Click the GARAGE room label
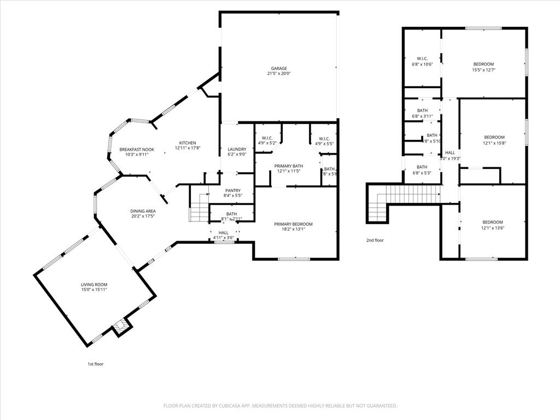pos(279,68)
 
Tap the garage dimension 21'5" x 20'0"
pos(279,74)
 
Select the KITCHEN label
pos(185,143)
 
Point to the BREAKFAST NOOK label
pos(137,149)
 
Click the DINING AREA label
pos(143,211)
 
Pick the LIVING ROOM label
pos(94,284)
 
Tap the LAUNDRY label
pos(237,149)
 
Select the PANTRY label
pos(233,190)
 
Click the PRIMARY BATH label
pos(289,166)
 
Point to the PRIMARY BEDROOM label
pos(293,224)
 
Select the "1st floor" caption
pos(96,364)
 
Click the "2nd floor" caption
pos(375,240)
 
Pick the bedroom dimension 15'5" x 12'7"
pos(483,70)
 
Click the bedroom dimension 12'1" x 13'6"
pos(492,228)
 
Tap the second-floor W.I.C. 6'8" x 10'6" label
pos(422,64)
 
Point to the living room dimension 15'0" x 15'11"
pos(94,290)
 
